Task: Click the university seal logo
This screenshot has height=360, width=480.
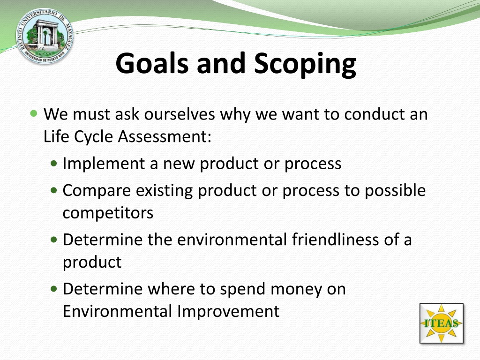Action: point(45,36)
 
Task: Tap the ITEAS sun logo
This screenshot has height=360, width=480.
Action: point(441,323)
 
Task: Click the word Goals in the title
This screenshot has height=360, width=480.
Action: point(152,63)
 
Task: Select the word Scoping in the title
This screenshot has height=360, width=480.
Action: point(305,64)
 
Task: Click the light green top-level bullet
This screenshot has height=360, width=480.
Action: point(34,114)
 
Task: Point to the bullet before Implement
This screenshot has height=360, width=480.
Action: point(54,164)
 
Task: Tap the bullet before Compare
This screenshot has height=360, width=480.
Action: point(54,190)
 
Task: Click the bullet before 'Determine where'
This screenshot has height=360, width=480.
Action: point(54,289)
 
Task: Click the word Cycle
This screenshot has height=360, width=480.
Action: point(94,136)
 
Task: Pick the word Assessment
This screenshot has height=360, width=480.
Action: point(165,136)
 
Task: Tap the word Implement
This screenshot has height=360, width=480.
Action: point(104,164)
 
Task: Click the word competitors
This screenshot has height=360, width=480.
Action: point(108,213)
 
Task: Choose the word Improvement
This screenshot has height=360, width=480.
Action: point(228,312)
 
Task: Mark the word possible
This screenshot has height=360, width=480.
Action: point(395,191)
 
